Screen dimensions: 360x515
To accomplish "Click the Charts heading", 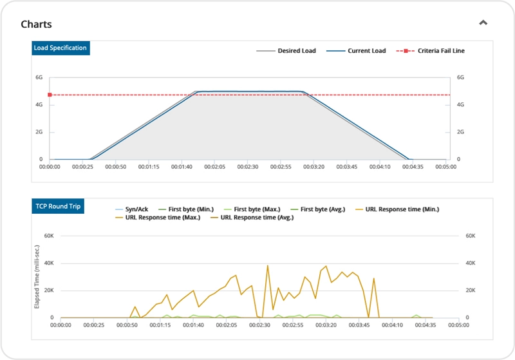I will click(36, 24).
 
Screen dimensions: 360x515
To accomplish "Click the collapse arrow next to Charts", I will click(483, 23).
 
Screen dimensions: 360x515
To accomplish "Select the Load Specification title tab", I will click(60, 48).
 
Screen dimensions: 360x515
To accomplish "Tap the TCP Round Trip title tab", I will click(58, 207).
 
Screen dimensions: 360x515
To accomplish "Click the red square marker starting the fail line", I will click(50, 95).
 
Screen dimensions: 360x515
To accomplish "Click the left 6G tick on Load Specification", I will click(39, 77).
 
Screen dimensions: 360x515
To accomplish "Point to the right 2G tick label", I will click(460, 131).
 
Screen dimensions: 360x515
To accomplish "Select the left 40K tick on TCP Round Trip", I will click(47, 263).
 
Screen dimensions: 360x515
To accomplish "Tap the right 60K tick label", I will click(471, 236).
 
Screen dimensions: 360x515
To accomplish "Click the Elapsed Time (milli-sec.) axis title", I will click(37, 281).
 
